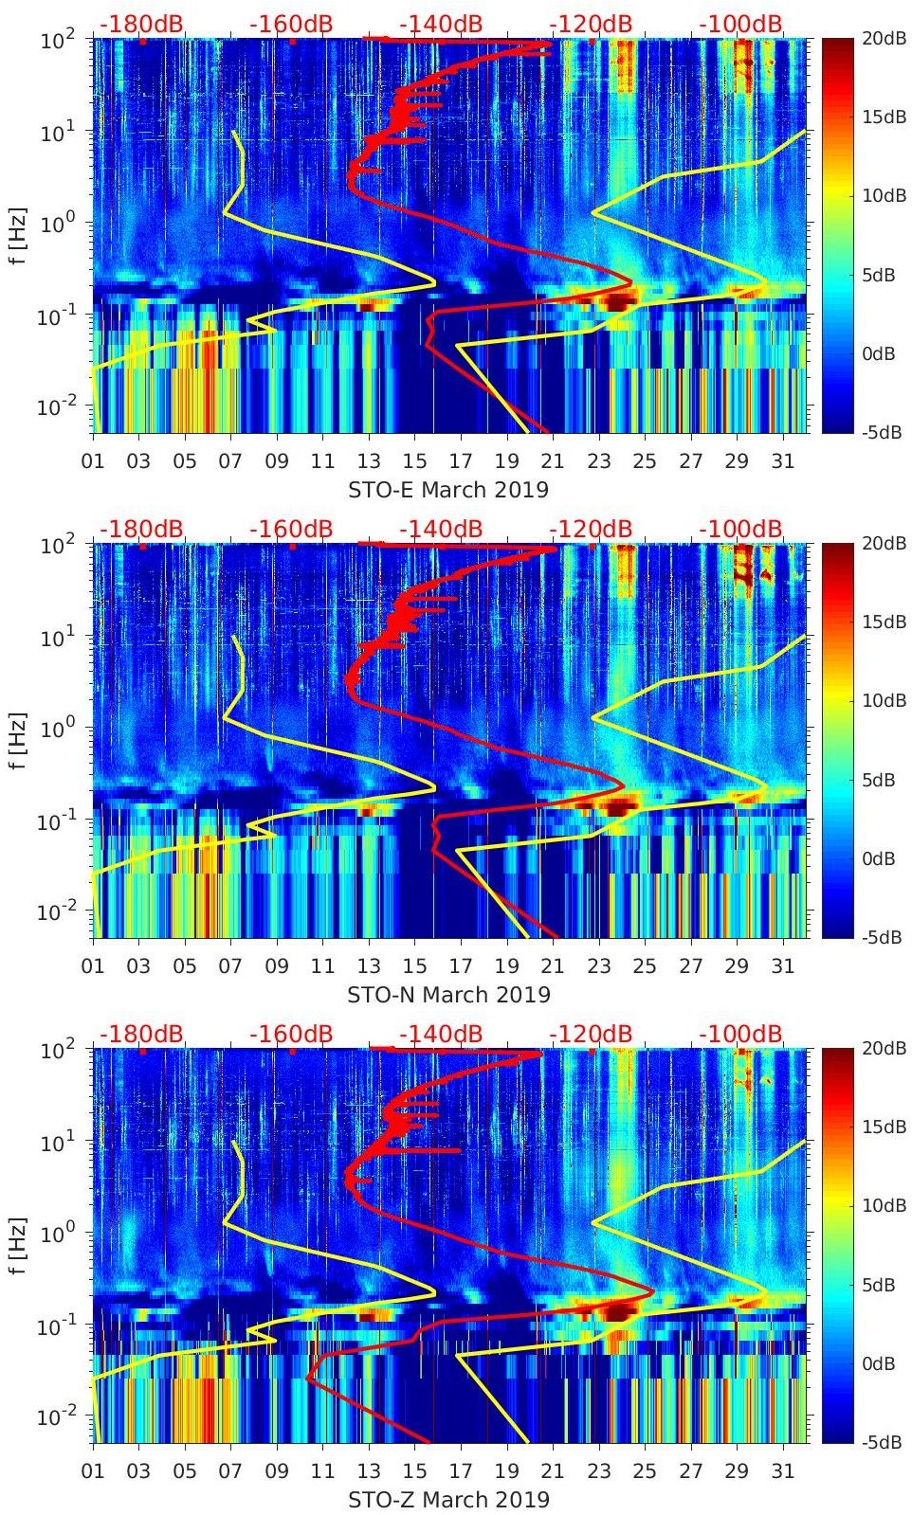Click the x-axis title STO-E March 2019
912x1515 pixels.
coord(448,490)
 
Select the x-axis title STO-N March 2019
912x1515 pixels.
coord(448,995)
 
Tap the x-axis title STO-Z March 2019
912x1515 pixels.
coord(448,1500)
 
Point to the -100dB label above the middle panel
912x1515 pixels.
coord(740,529)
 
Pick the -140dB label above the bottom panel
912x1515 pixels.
coord(440,1034)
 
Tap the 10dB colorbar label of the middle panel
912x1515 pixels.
coord(884,701)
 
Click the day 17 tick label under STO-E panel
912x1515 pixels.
coord(461,461)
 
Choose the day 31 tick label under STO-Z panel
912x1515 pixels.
coord(782,1471)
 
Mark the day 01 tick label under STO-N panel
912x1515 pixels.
coord(93,966)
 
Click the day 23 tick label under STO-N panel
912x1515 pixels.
coord(598,966)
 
